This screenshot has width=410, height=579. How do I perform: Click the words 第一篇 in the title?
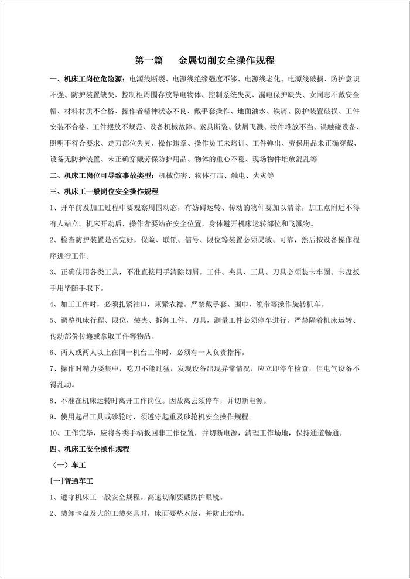(149, 60)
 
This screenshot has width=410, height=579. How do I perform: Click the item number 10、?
(56, 433)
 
